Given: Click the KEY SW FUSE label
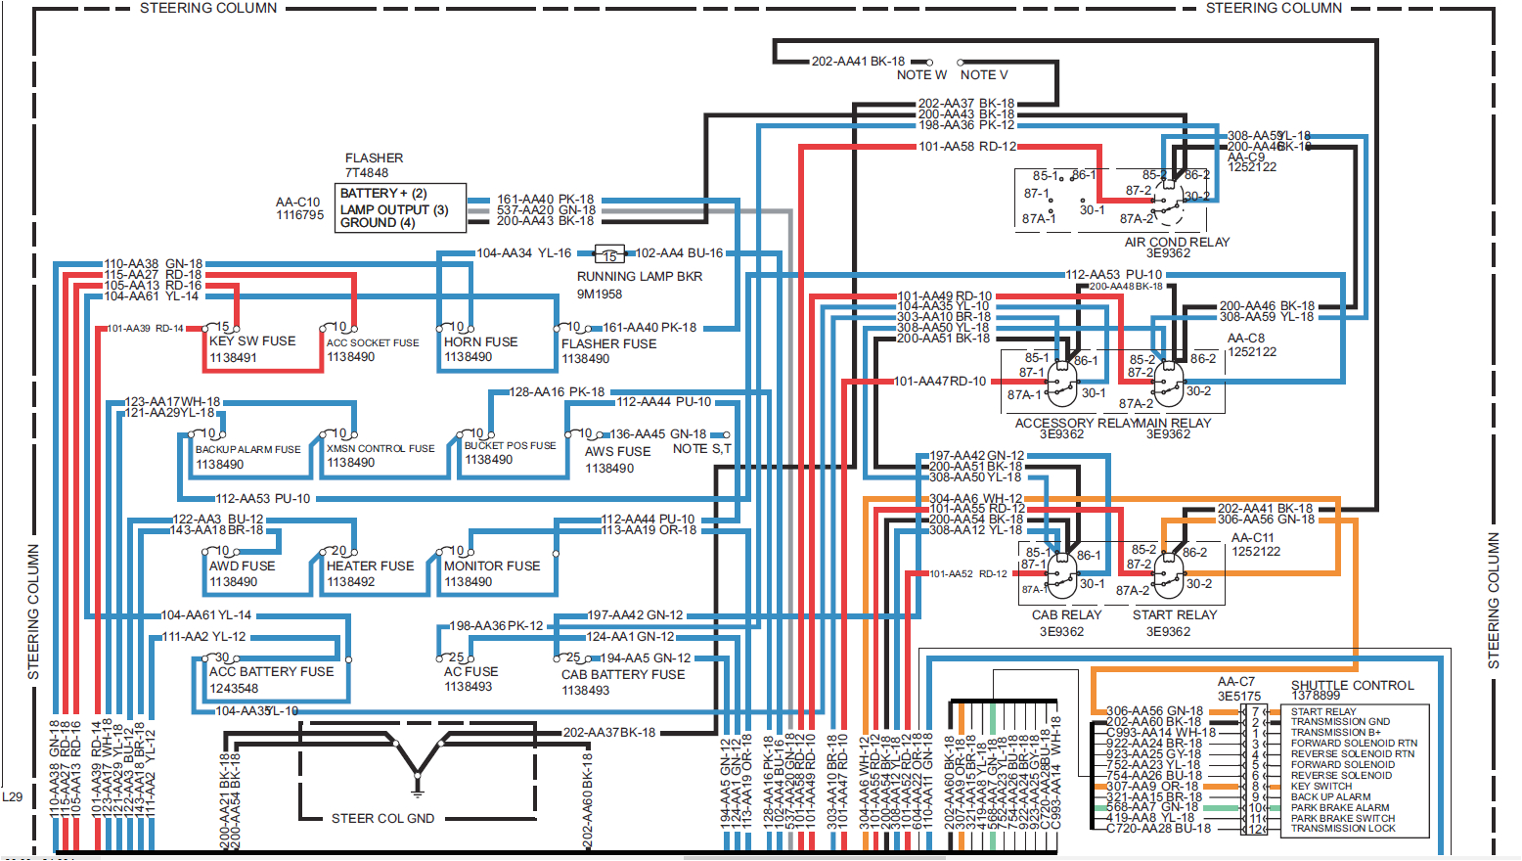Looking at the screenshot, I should click(x=252, y=341).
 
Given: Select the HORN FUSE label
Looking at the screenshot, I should click(x=480, y=341).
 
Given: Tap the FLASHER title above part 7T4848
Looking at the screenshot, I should click(x=374, y=158).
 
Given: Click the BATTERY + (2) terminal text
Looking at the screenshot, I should click(x=383, y=194).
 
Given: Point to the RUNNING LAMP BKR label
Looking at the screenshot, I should click(x=640, y=277).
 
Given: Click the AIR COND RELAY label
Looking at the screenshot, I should click(x=1177, y=242).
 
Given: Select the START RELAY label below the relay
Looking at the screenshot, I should click(x=1175, y=615).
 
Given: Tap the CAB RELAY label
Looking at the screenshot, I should click(x=1066, y=615).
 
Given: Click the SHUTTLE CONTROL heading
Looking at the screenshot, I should click(x=1352, y=685).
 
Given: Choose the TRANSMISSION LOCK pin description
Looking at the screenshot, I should click(x=1343, y=829).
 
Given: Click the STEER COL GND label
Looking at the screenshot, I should click(x=382, y=819).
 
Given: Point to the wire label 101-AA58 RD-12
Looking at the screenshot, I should click(x=966, y=147).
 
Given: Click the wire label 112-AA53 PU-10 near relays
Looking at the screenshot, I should click(x=1113, y=275).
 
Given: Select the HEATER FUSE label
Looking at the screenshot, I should click(x=370, y=566).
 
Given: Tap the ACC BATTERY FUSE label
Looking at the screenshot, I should click(x=271, y=672).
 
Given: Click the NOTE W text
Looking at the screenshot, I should click(x=921, y=75).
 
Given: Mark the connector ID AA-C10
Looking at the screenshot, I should click(x=297, y=203).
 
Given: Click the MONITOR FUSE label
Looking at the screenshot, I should click(x=491, y=566).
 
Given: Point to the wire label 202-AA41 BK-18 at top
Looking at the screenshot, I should click(x=858, y=62).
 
